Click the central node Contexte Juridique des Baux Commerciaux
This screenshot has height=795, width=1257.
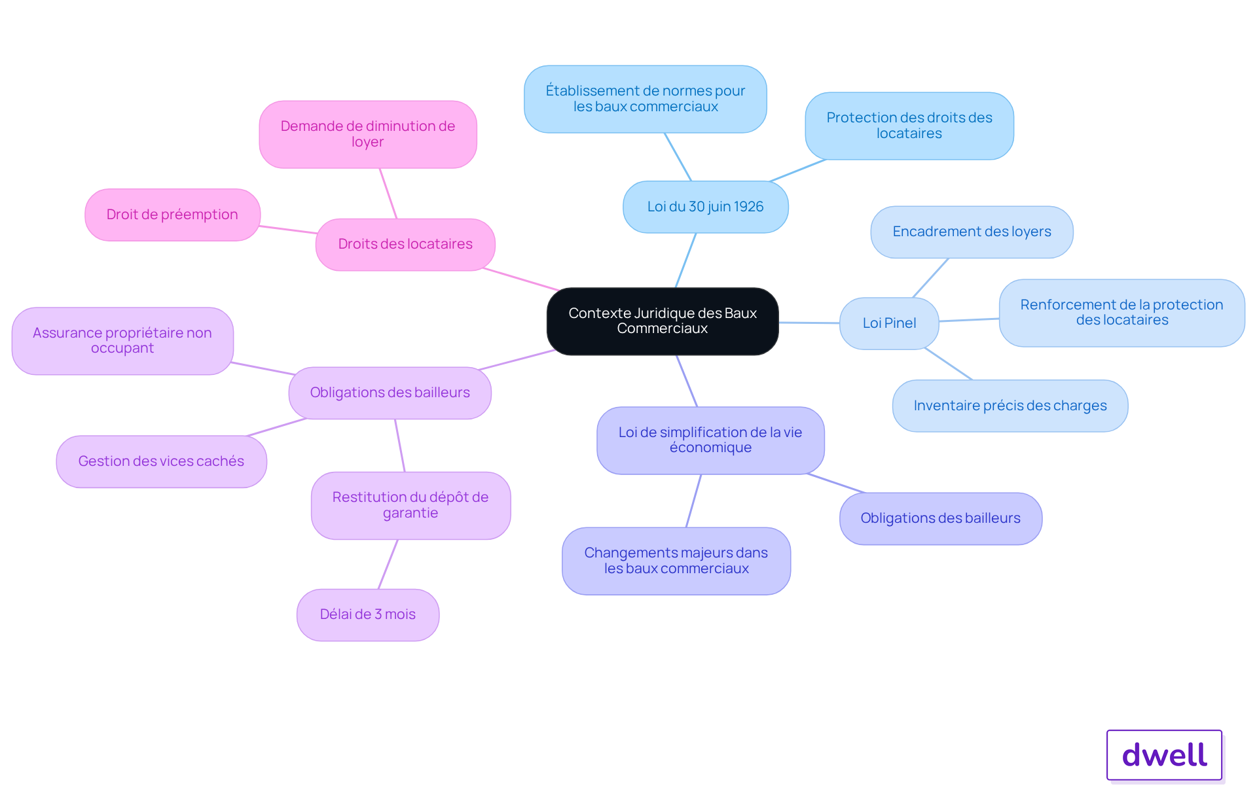[663, 321]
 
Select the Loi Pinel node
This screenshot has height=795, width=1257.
[889, 323]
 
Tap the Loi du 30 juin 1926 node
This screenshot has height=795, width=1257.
[706, 207]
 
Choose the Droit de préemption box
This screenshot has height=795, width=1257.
[173, 215]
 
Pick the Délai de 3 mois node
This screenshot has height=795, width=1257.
[368, 614]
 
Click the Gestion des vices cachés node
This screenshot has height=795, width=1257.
[162, 461]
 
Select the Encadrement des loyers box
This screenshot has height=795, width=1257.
[972, 232]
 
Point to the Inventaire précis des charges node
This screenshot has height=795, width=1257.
[1010, 406]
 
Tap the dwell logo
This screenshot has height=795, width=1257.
[1165, 755]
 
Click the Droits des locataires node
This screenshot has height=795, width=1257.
[405, 244]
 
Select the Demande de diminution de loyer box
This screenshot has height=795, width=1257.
[368, 134]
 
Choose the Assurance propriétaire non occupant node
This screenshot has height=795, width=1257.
[122, 341]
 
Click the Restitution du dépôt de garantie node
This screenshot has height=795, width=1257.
[410, 505]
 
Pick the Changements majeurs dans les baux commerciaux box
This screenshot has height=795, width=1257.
[676, 561]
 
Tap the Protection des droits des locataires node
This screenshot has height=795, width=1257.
[909, 126]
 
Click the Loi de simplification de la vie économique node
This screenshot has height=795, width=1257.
[710, 440]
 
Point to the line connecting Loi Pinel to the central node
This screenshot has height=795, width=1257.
[809, 323]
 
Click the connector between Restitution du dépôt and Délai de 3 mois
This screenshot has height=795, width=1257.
[388, 564]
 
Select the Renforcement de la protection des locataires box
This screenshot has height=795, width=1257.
[1122, 313]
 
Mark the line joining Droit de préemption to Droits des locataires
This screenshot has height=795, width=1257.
[289, 230]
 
